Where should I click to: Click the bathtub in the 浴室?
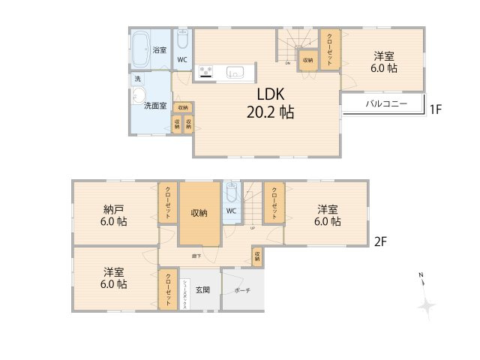click(140, 46)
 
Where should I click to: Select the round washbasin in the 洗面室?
click(139, 94)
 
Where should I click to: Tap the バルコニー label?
click(386, 104)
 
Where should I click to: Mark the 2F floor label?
click(381, 241)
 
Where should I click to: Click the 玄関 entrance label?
click(203, 289)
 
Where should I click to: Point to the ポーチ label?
click(242, 290)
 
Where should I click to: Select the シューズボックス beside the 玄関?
click(184, 295)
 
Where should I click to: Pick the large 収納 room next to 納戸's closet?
click(199, 213)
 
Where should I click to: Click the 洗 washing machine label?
click(137, 78)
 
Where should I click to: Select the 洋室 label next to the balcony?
click(386, 61)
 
